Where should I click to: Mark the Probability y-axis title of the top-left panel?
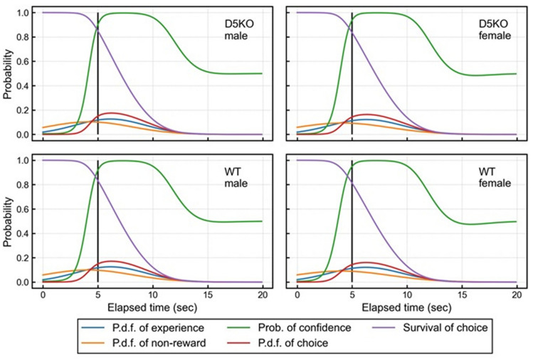click(8, 74)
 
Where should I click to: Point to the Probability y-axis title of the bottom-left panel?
click(8, 221)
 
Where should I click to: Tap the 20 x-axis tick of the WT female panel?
click(516, 294)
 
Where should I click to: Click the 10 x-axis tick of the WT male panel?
click(152, 294)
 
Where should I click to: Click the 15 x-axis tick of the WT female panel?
click(461, 294)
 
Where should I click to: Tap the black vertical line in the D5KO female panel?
click(352, 71)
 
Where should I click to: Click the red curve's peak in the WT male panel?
click(113, 261)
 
